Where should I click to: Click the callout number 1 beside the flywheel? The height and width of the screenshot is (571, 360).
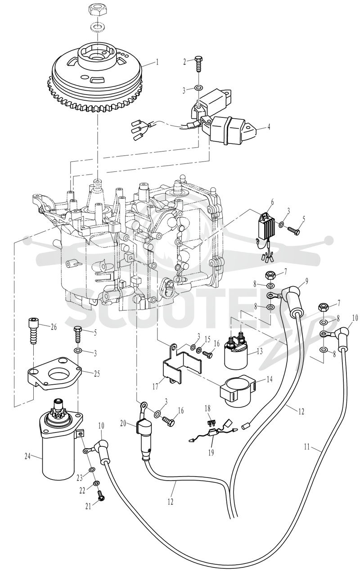157,62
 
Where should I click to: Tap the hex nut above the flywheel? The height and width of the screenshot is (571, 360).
98,11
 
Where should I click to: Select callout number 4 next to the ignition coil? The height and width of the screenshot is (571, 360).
269,127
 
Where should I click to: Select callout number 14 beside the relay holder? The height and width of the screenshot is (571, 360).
269,379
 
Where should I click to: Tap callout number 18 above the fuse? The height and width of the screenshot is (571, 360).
207,409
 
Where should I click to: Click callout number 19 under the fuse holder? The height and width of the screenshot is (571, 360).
211,453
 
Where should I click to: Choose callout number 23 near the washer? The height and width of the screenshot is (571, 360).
80,478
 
